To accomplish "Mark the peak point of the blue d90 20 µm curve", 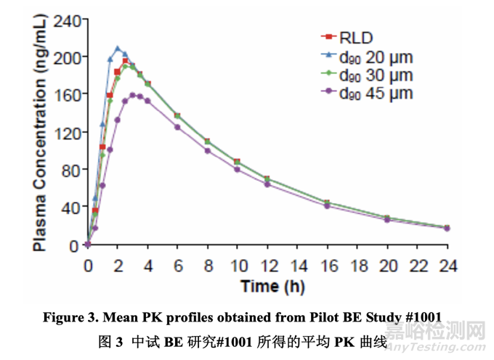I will point(118,49).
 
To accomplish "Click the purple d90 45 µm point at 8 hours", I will point(207,151).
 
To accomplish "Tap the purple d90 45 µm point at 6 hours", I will point(177,127).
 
